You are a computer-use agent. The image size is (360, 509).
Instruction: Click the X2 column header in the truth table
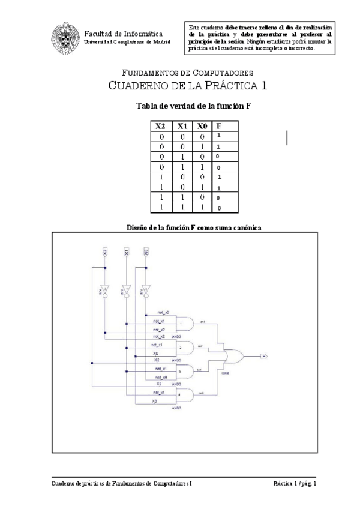click(x=160, y=126)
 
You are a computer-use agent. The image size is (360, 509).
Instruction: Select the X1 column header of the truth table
click(x=182, y=126)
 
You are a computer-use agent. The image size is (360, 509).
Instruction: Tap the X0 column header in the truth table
click(x=203, y=126)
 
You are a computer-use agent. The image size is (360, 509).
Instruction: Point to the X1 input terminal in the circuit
click(x=127, y=253)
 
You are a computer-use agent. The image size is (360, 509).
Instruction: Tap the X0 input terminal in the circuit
click(x=146, y=253)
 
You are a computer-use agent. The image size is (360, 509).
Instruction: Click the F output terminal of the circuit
click(x=264, y=356)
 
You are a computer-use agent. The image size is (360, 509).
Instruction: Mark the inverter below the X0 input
click(x=146, y=291)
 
